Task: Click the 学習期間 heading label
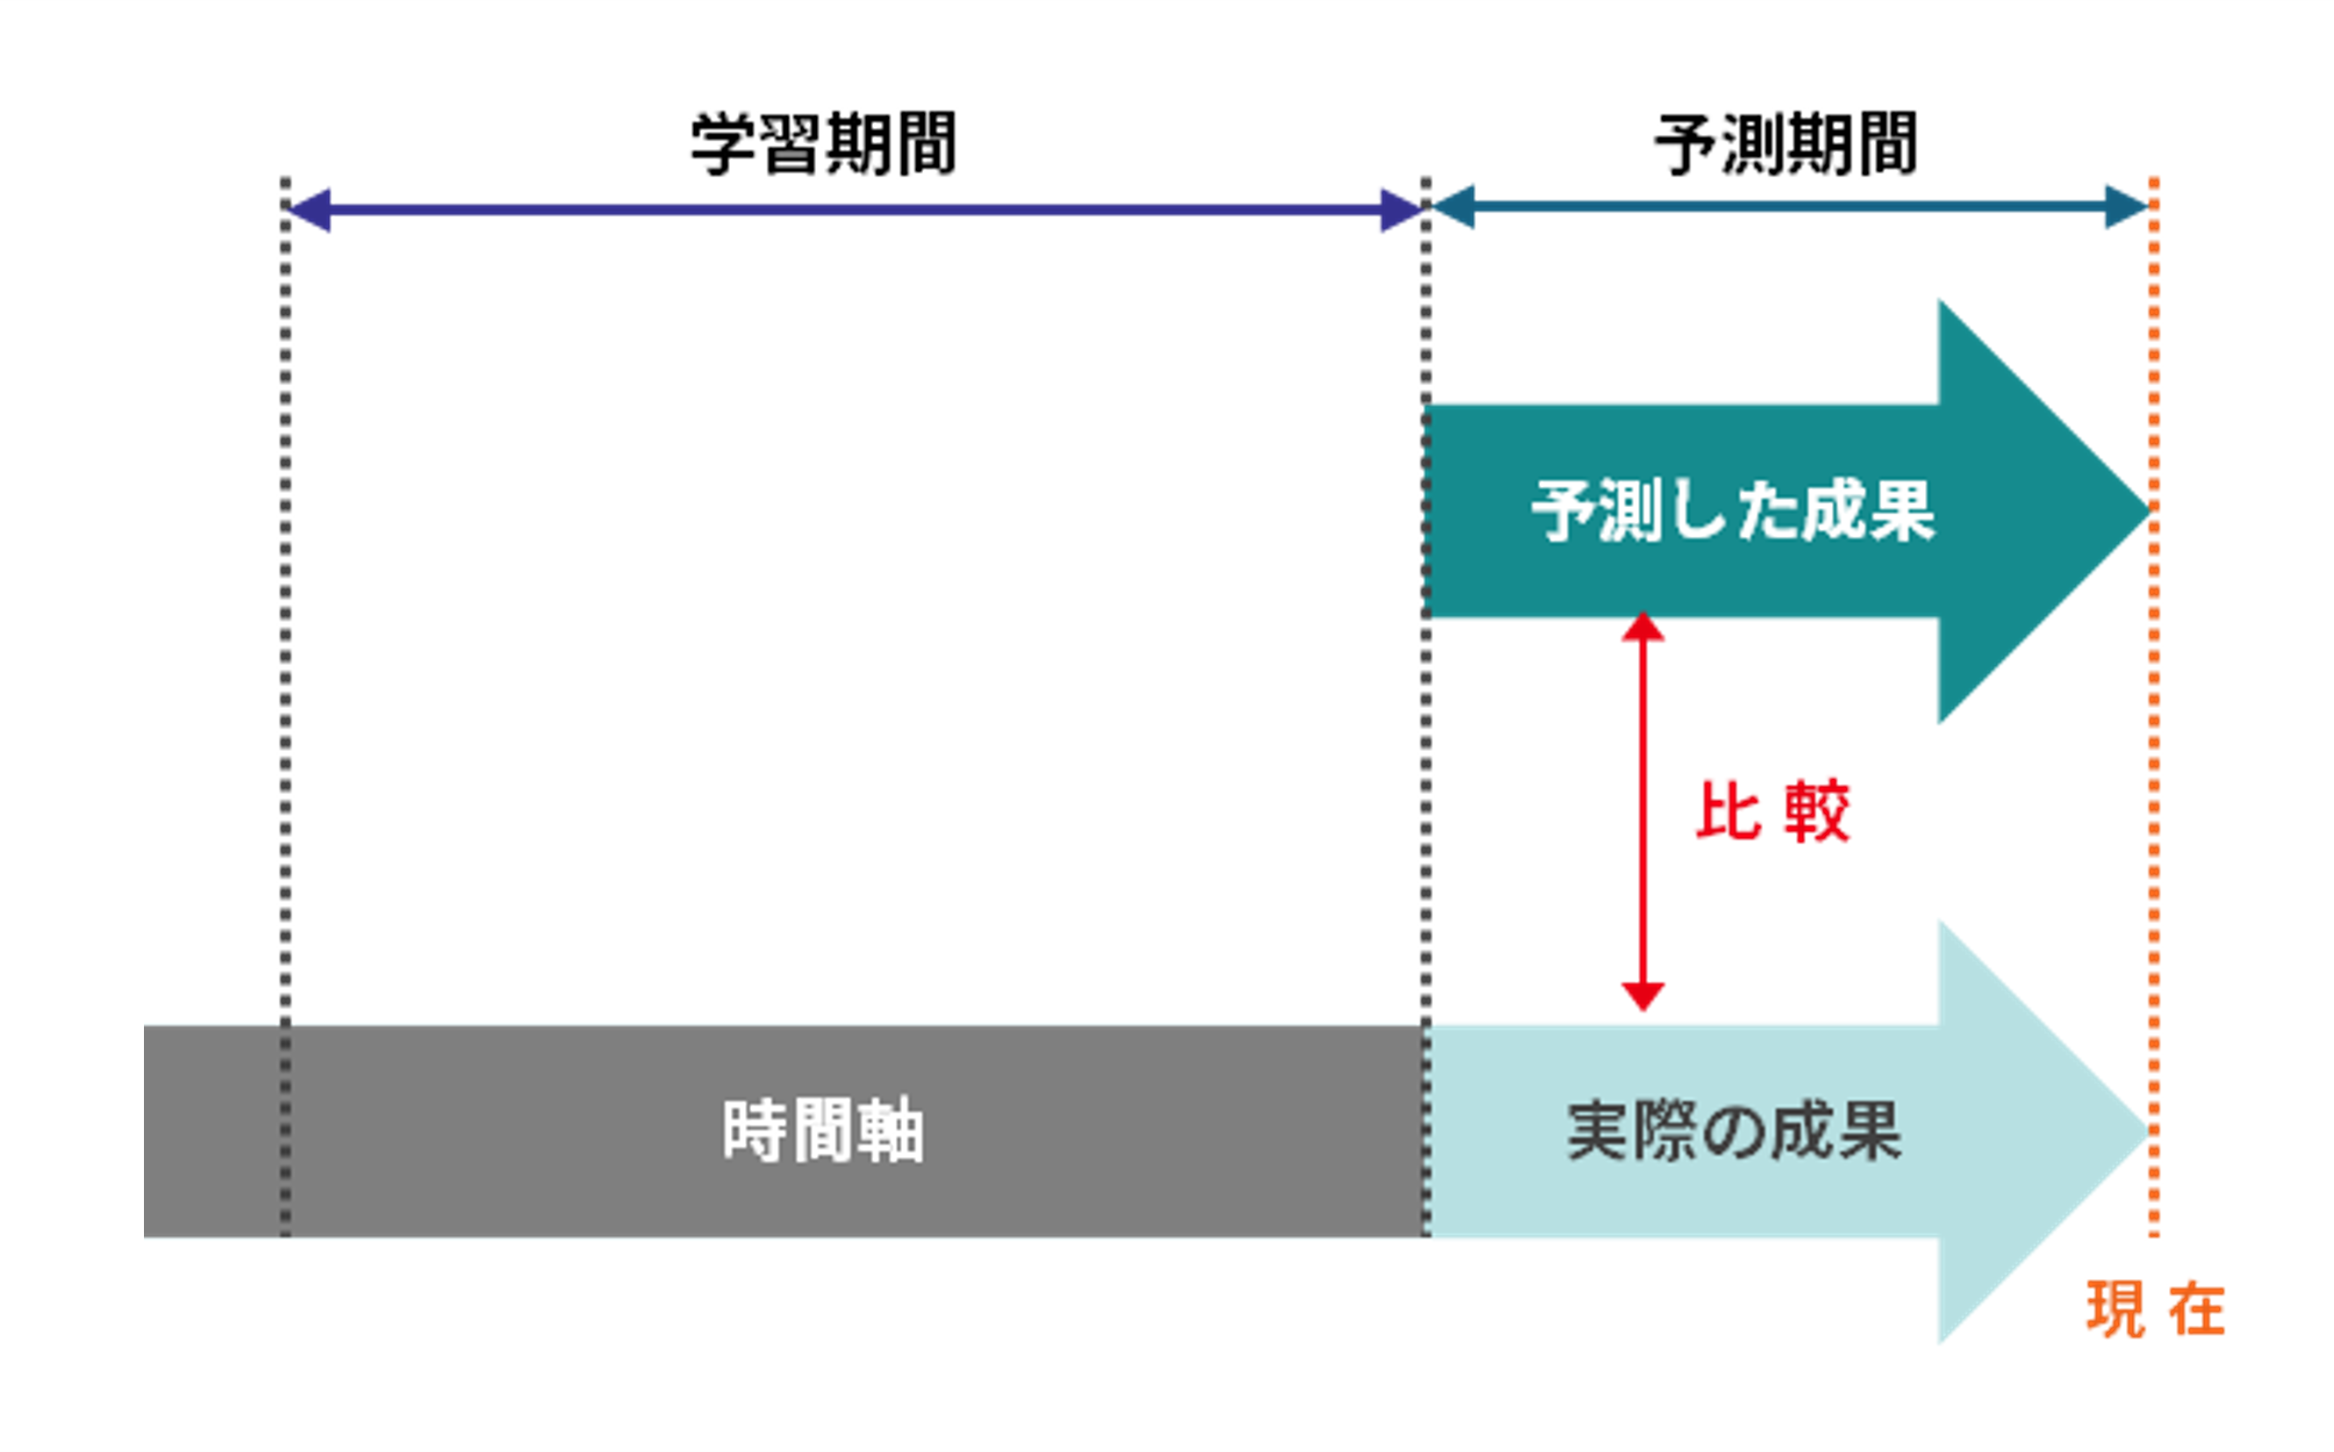pyautogui.click(x=823, y=144)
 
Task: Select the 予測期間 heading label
pyautogui.click(x=1786, y=144)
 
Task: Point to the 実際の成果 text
pyautogui.click(x=1735, y=1131)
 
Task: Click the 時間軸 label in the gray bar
pyautogui.click(x=823, y=1131)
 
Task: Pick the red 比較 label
pyautogui.click(x=1773, y=812)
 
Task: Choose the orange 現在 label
pyautogui.click(x=2156, y=1309)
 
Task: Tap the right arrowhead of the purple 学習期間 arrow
pyautogui.click(x=1400, y=210)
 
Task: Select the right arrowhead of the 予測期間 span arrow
pyautogui.click(x=2124, y=206)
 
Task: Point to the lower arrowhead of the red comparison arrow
pyautogui.click(x=1643, y=996)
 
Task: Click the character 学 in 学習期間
pyautogui.click(x=722, y=144)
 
